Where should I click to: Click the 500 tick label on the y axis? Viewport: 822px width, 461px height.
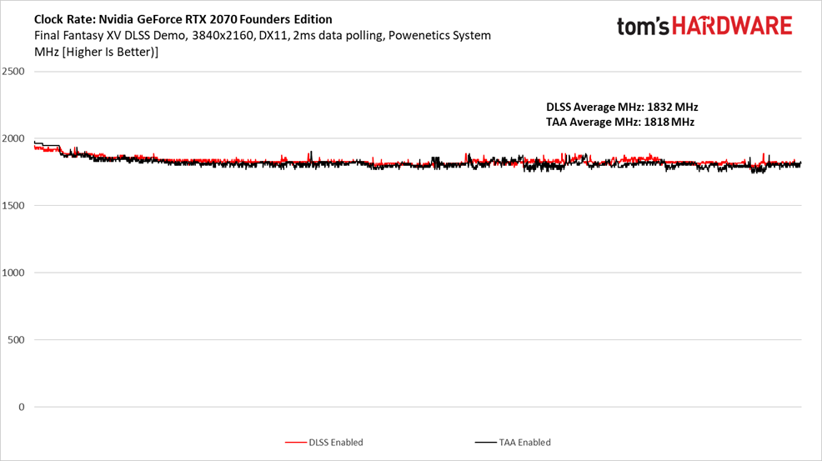pyautogui.click(x=16, y=340)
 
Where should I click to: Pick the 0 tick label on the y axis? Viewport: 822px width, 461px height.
pyautogui.click(x=22, y=407)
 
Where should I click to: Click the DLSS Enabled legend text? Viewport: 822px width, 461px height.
pyautogui.click(x=335, y=443)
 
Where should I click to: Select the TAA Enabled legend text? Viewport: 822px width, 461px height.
pyautogui.click(x=524, y=443)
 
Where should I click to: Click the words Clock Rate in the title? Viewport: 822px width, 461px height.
pyautogui.click(x=64, y=19)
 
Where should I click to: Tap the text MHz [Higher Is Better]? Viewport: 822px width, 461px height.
pyautogui.click(x=97, y=52)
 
